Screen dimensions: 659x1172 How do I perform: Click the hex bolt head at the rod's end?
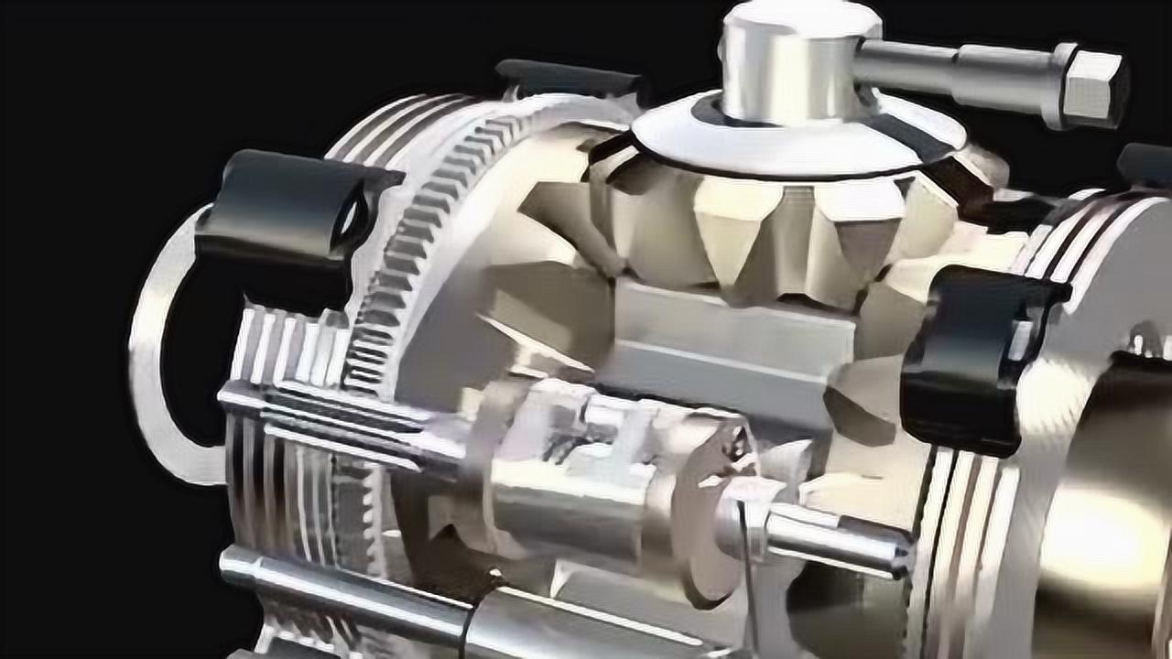click(1092, 86)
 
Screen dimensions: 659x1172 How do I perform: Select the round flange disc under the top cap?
click(797, 137)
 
